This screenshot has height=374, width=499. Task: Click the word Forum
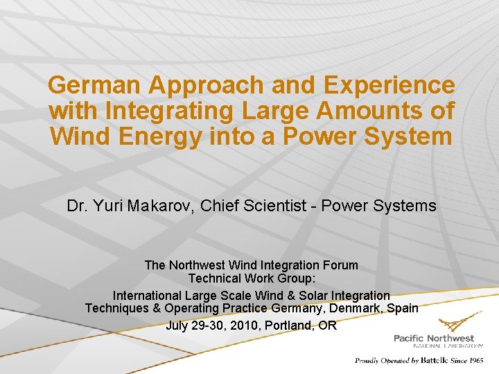click(x=342, y=265)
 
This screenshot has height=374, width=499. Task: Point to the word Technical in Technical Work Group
click(x=215, y=278)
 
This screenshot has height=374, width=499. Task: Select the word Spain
click(x=402, y=308)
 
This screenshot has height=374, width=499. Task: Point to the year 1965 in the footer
click(x=475, y=360)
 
